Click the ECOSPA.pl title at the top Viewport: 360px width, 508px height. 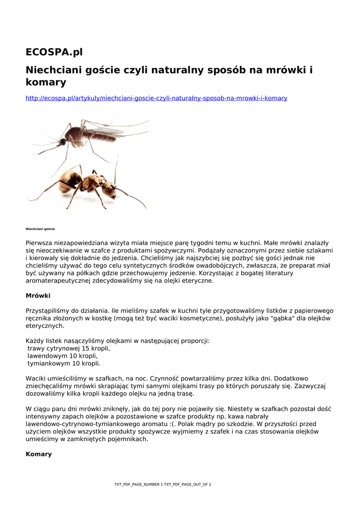tap(54, 52)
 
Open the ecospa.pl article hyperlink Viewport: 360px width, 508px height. tap(156, 98)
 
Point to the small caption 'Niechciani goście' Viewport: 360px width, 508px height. tap(40, 229)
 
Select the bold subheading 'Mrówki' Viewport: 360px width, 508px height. tap(38, 296)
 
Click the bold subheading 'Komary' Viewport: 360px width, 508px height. tap(38, 454)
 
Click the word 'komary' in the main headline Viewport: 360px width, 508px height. tap(46, 82)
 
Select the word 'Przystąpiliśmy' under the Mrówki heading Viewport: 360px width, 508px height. tap(48, 311)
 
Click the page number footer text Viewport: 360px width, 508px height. tap(163, 484)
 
